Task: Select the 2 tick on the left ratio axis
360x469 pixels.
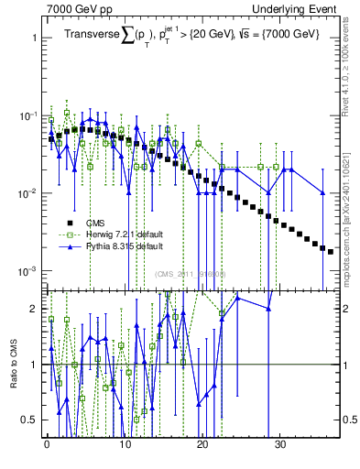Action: pyautogui.click(x=35, y=309)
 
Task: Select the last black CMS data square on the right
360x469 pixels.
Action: pyautogui.click(x=331, y=251)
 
